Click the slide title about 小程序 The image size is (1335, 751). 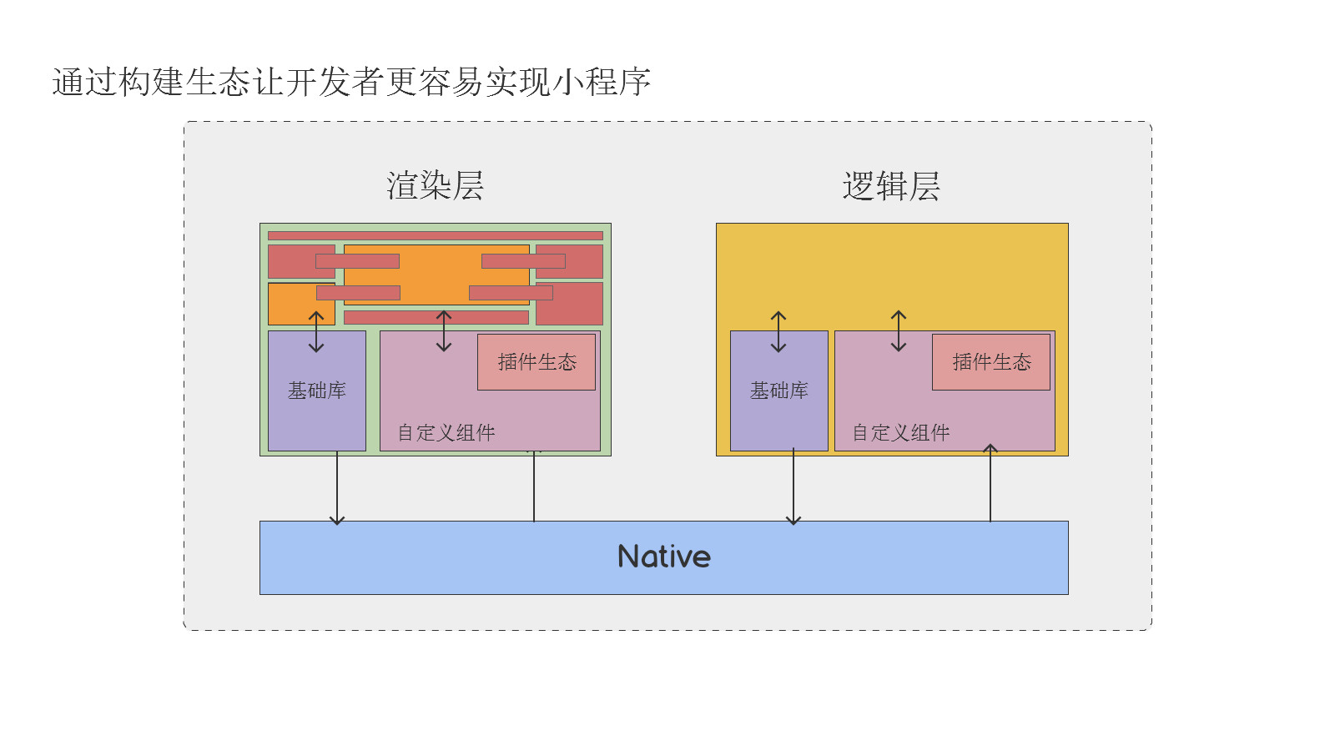(x=350, y=82)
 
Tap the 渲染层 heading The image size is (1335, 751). (x=435, y=185)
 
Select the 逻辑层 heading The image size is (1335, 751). (x=891, y=186)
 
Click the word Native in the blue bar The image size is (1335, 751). (x=663, y=557)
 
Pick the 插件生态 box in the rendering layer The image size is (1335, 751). (x=537, y=362)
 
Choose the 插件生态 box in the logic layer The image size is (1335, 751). (x=991, y=362)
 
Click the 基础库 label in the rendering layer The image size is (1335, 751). (x=317, y=391)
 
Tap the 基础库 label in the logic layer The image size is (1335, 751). (x=778, y=391)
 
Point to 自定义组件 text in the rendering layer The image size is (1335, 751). (x=446, y=432)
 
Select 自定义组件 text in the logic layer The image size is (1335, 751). (x=900, y=432)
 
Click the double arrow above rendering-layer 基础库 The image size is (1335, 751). (x=316, y=331)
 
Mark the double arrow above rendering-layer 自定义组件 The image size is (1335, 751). (x=444, y=331)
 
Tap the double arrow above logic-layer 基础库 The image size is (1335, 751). (x=778, y=331)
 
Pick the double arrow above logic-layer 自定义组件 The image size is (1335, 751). (x=899, y=331)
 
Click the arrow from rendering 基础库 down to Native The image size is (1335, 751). (x=337, y=488)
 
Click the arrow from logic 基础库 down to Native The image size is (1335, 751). (x=793, y=488)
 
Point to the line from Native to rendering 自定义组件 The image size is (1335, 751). (x=534, y=488)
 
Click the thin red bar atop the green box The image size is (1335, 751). (x=435, y=236)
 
